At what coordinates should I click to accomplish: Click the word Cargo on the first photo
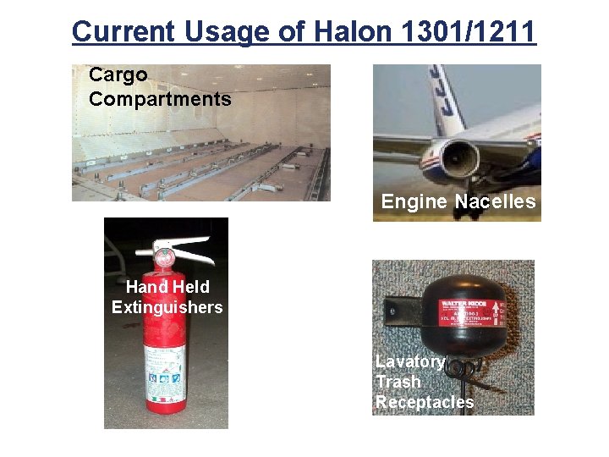[118, 75]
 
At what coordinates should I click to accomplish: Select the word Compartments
[160, 99]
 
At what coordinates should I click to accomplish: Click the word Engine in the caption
[414, 201]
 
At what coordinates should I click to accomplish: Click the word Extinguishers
[167, 307]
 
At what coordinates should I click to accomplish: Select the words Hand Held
[167, 287]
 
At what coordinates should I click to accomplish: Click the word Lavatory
[409, 361]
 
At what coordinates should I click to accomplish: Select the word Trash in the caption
[398, 382]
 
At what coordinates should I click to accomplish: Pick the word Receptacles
[425, 402]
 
